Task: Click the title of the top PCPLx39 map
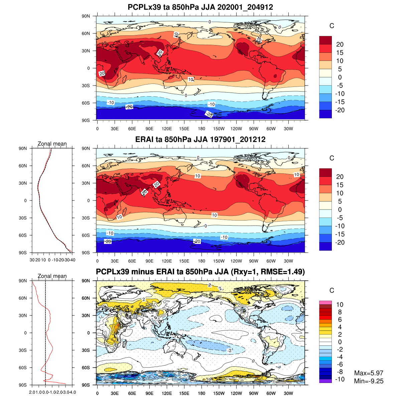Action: (200, 7)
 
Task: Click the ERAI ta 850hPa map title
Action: (200, 139)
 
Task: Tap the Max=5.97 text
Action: (369, 373)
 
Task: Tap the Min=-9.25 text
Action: (369, 381)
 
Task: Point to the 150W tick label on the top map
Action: (219, 129)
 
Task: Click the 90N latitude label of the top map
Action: (86, 16)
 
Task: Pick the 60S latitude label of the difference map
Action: (86, 368)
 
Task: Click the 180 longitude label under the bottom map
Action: (202, 394)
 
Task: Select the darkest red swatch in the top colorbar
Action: (325, 40)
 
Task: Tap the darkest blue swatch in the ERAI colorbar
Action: (325, 246)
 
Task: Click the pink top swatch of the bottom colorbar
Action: (325, 302)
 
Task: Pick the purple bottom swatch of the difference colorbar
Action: (325, 381)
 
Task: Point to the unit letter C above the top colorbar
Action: (332, 26)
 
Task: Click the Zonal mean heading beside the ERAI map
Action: (52, 144)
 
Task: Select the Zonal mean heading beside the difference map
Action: (52, 276)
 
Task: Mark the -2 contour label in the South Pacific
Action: (229, 350)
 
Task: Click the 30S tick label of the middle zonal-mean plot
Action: (23, 218)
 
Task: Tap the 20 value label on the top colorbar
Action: (340, 44)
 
